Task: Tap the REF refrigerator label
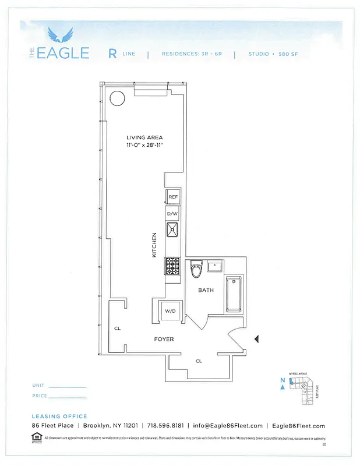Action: (173, 197)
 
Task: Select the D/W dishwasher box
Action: (173, 214)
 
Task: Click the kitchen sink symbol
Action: (173, 231)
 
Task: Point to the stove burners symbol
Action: (173, 266)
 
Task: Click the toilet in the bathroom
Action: (196, 270)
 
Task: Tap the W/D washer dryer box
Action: (170, 310)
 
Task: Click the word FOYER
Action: (164, 339)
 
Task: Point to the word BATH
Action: (206, 290)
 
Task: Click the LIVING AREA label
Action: (144, 137)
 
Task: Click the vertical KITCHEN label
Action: (154, 245)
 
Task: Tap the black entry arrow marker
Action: (256, 338)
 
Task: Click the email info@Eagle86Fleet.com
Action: (228, 426)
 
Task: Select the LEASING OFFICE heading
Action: (59, 416)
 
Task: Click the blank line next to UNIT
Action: (67, 387)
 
